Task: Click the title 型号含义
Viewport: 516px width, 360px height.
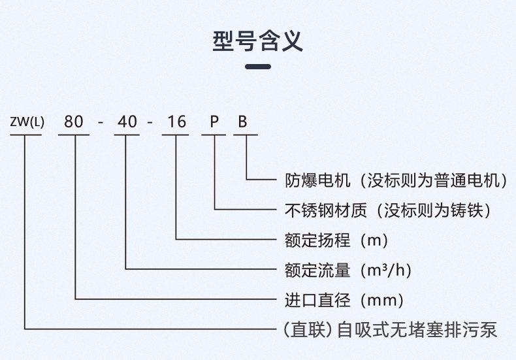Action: (x=257, y=41)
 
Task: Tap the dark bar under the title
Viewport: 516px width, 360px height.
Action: (x=258, y=67)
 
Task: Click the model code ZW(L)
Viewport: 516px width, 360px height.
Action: (x=27, y=122)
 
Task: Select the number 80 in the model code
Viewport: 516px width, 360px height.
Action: (x=73, y=122)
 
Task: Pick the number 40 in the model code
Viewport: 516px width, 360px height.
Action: (x=127, y=122)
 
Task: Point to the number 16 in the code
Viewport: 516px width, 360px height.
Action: (x=177, y=122)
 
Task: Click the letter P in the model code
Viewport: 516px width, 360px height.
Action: (x=214, y=122)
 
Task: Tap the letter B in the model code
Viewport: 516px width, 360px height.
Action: (x=242, y=122)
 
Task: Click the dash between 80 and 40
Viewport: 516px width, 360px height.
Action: (x=101, y=123)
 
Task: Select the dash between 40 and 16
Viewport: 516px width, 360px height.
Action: (x=150, y=123)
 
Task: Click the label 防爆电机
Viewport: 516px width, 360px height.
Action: (x=317, y=180)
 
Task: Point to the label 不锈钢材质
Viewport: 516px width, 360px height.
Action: (x=325, y=210)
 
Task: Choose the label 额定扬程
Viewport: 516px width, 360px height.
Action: (x=317, y=240)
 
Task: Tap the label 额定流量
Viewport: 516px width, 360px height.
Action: (x=317, y=270)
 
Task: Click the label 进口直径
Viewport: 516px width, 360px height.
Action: (x=317, y=300)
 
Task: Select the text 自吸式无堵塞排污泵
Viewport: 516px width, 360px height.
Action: (x=417, y=330)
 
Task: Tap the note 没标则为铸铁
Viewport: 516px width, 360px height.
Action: (x=433, y=210)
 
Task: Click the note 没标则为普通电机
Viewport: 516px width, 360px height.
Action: (x=433, y=180)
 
